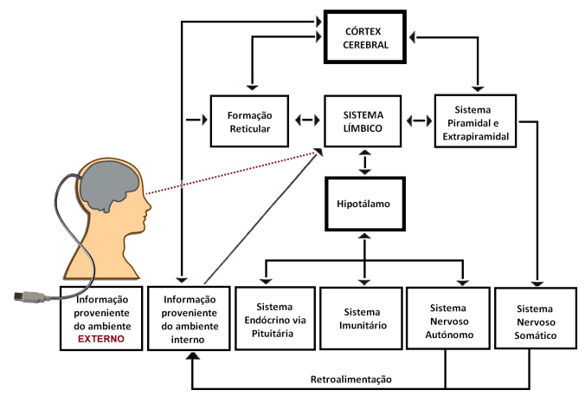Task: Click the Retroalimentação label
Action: (x=350, y=380)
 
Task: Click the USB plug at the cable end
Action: (x=30, y=296)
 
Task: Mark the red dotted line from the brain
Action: (x=229, y=172)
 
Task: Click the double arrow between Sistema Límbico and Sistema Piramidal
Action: (x=420, y=120)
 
